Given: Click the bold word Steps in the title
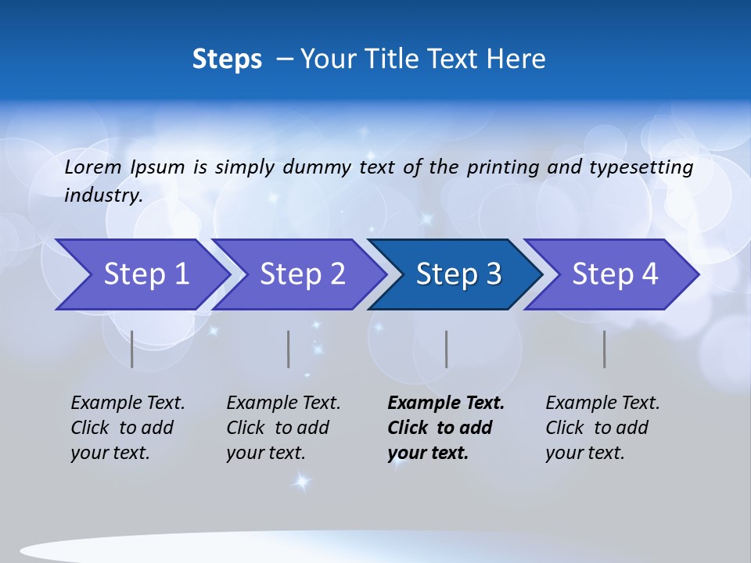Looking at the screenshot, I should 227,59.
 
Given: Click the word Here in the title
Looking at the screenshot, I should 516,59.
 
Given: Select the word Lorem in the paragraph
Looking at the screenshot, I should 93,167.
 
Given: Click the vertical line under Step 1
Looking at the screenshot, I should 132,349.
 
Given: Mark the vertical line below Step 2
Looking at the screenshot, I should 289,349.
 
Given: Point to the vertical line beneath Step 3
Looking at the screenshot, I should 447,349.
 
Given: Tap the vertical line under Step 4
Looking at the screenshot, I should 605,349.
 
